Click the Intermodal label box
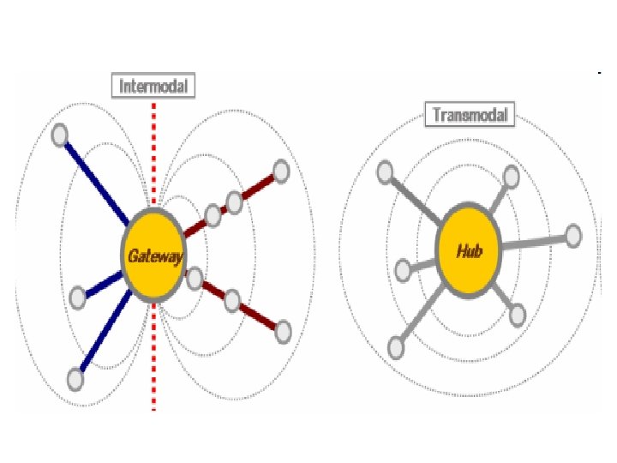point(153,87)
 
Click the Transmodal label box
point(470,114)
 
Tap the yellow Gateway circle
point(153,255)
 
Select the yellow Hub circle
point(469,251)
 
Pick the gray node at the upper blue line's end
point(60,135)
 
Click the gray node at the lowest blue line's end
point(76,376)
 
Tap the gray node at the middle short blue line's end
point(77,298)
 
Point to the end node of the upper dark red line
point(279,171)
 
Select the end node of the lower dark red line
point(284,329)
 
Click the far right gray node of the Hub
point(573,234)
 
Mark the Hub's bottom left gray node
point(396,347)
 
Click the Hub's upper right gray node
point(512,177)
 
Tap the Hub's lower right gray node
point(517,314)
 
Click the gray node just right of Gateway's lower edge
point(195,278)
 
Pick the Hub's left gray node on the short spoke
point(404,271)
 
